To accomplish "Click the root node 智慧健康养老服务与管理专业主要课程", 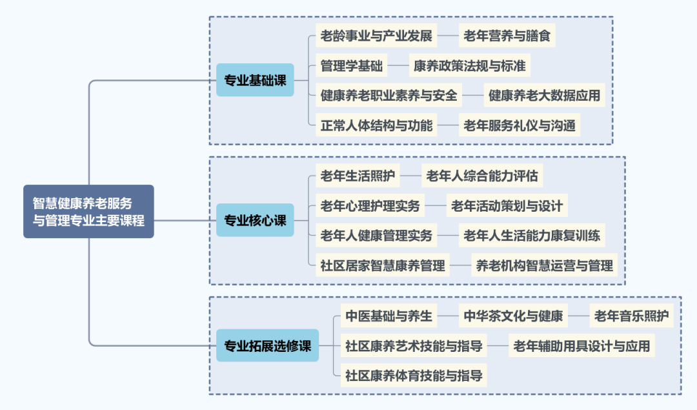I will pyautogui.click(x=88, y=211).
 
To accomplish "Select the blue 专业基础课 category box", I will pyautogui.click(x=255, y=80).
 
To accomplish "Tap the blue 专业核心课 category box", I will pyautogui.click(x=255, y=220).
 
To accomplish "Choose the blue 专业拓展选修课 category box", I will pyautogui.click(x=267, y=345).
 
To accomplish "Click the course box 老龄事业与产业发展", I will pyautogui.click(x=376, y=36).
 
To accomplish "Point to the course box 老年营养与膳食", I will pyautogui.click(x=507, y=36).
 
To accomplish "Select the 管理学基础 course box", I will pyautogui.click(x=352, y=66).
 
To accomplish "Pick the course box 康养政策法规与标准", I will pyautogui.click(x=469, y=66).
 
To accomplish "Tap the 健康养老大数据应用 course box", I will pyautogui.click(x=545, y=96).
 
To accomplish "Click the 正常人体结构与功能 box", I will pyautogui.click(x=376, y=125).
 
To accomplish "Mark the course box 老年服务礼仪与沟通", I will pyautogui.click(x=520, y=125).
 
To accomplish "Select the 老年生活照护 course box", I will pyautogui.click(x=358, y=175).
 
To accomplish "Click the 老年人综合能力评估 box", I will pyautogui.click(x=482, y=175).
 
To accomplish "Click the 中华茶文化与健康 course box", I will pyautogui.click(x=513, y=316).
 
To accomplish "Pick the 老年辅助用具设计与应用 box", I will pyautogui.click(x=581, y=345).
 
